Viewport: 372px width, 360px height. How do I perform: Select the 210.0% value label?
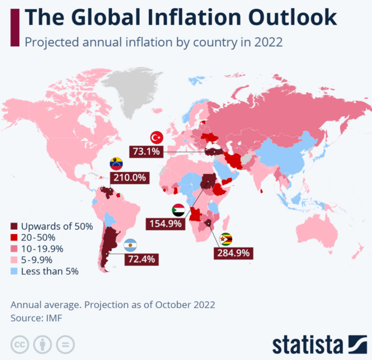[130, 178]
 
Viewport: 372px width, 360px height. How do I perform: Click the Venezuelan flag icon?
[116, 164]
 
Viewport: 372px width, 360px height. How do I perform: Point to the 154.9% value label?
[165, 224]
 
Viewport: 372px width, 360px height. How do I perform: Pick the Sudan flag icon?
[178, 210]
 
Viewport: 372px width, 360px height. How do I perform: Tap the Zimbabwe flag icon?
[226, 239]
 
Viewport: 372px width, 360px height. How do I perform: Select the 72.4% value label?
[141, 259]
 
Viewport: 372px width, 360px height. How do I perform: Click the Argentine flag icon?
[130, 245]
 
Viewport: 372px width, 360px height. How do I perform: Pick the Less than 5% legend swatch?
[15, 271]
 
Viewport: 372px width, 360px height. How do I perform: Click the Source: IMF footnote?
[36, 318]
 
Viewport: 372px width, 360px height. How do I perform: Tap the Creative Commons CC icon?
[20, 345]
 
